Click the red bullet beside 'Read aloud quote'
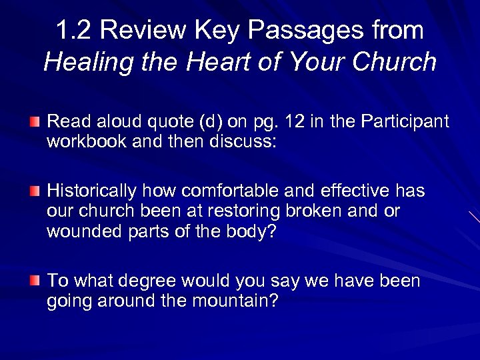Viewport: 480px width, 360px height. [35, 122]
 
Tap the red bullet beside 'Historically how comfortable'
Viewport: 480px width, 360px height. [35, 192]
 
